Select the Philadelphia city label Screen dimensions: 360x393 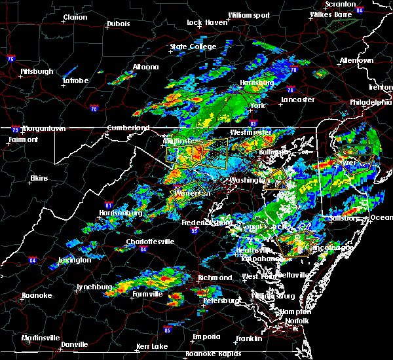370,103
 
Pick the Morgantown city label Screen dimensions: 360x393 43,129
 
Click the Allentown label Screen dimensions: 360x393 356,60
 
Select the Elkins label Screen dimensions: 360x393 41,178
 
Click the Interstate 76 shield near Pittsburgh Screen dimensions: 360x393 11,60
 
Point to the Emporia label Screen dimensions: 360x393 205,336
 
